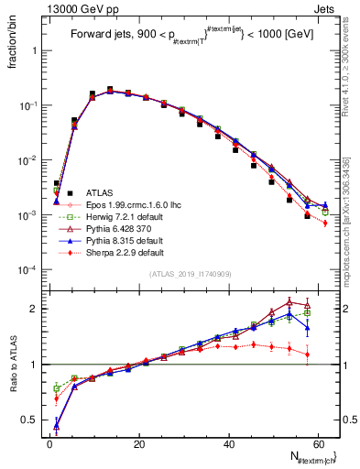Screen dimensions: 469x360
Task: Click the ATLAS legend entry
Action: [x=98, y=193]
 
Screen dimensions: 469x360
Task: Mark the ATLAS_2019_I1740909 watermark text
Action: [x=191, y=275]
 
